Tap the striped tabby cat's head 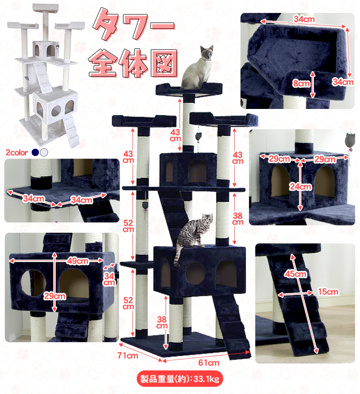(x=207, y=219)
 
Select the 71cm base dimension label (x=128, y=355)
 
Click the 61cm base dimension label (x=209, y=363)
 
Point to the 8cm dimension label (x=301, y=83)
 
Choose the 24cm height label (x=300, y=187)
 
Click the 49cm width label (x=78, y=261)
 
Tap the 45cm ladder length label (x=295, y=274)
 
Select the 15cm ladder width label (x=328, y=292)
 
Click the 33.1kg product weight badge (x=180, y=379)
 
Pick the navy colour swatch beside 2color (x=36, y=152)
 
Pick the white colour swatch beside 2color (x=44, y=152)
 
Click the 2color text (x=17, y=153)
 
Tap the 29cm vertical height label (x=55, y=296)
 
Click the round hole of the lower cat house (x=195, y=274)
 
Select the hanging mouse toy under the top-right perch (x=199, y=136)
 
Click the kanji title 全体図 (x=133, y=63)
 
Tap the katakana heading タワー (x=133, y=25)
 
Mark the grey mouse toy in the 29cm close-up (x=350, y=140)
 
